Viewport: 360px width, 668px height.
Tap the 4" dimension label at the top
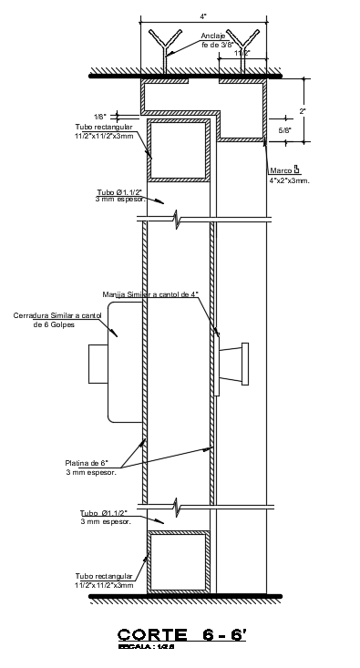204,16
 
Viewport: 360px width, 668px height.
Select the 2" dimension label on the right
303,111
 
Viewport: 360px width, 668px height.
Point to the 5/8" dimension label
284,131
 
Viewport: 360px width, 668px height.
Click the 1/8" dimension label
100,117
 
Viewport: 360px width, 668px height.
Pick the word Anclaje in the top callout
213,35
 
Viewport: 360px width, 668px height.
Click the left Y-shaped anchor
166,49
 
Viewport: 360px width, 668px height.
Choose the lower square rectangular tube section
180,563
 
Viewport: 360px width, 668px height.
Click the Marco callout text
281,170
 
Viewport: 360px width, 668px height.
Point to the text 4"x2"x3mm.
290,181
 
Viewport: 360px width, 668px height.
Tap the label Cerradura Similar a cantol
57,315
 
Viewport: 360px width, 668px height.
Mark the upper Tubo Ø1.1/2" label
119,192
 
